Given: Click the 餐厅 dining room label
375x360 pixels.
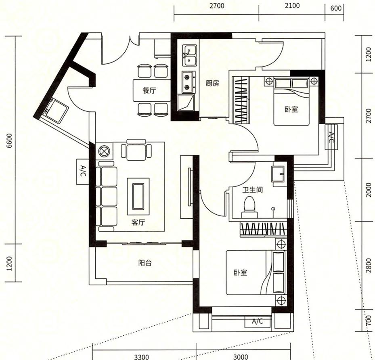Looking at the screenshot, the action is click(x=149, y=90).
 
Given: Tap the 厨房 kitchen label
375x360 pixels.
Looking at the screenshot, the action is click(x=212, y=83).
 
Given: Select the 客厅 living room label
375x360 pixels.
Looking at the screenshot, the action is click(x=138, y=222).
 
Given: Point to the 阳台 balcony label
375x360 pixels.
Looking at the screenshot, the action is click(x=145, y=263).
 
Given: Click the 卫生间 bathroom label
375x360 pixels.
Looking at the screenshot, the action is click(x=253, y=190).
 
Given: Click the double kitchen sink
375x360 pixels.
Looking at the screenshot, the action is click(x=189, y=55).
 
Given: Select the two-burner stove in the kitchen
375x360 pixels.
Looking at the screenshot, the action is click(x=189, y=82).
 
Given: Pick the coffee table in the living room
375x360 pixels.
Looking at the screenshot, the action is click(x=138, y=197).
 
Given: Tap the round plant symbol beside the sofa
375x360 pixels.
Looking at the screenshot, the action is click(x=104, y=151).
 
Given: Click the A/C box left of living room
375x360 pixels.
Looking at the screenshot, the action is click(x=83, y=172).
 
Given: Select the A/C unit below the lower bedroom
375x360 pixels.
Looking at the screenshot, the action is click(x=258, y=321).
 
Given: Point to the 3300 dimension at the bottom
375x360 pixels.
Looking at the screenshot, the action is click(x=141, y=357).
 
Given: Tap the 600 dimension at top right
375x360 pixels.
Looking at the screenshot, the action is click(x=336, y=8).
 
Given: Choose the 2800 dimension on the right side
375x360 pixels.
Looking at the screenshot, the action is click(x=369, y=265).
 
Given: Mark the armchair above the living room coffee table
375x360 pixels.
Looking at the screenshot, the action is click(x=136, y=150).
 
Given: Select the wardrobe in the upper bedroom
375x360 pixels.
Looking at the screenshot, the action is click(x=241, y=100).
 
